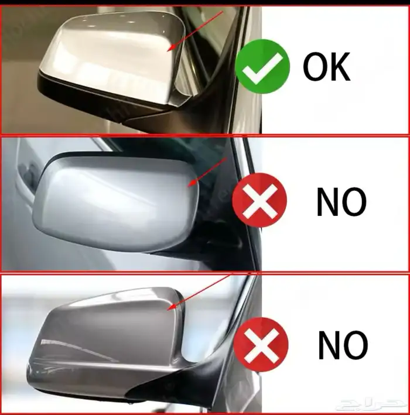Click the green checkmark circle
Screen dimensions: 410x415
[262, 66]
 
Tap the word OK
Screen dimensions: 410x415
[327, 66]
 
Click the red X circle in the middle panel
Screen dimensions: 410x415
[259, 200]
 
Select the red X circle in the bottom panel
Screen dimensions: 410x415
[261, 344]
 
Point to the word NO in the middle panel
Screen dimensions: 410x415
[341, 202]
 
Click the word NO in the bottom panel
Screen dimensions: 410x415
[343, 345]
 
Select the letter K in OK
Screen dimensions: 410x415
[340, 66]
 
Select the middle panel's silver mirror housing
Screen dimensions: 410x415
[116, 204]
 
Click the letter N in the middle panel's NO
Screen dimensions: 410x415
[327, 202]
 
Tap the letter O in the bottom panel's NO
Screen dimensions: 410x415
[356, 345]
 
